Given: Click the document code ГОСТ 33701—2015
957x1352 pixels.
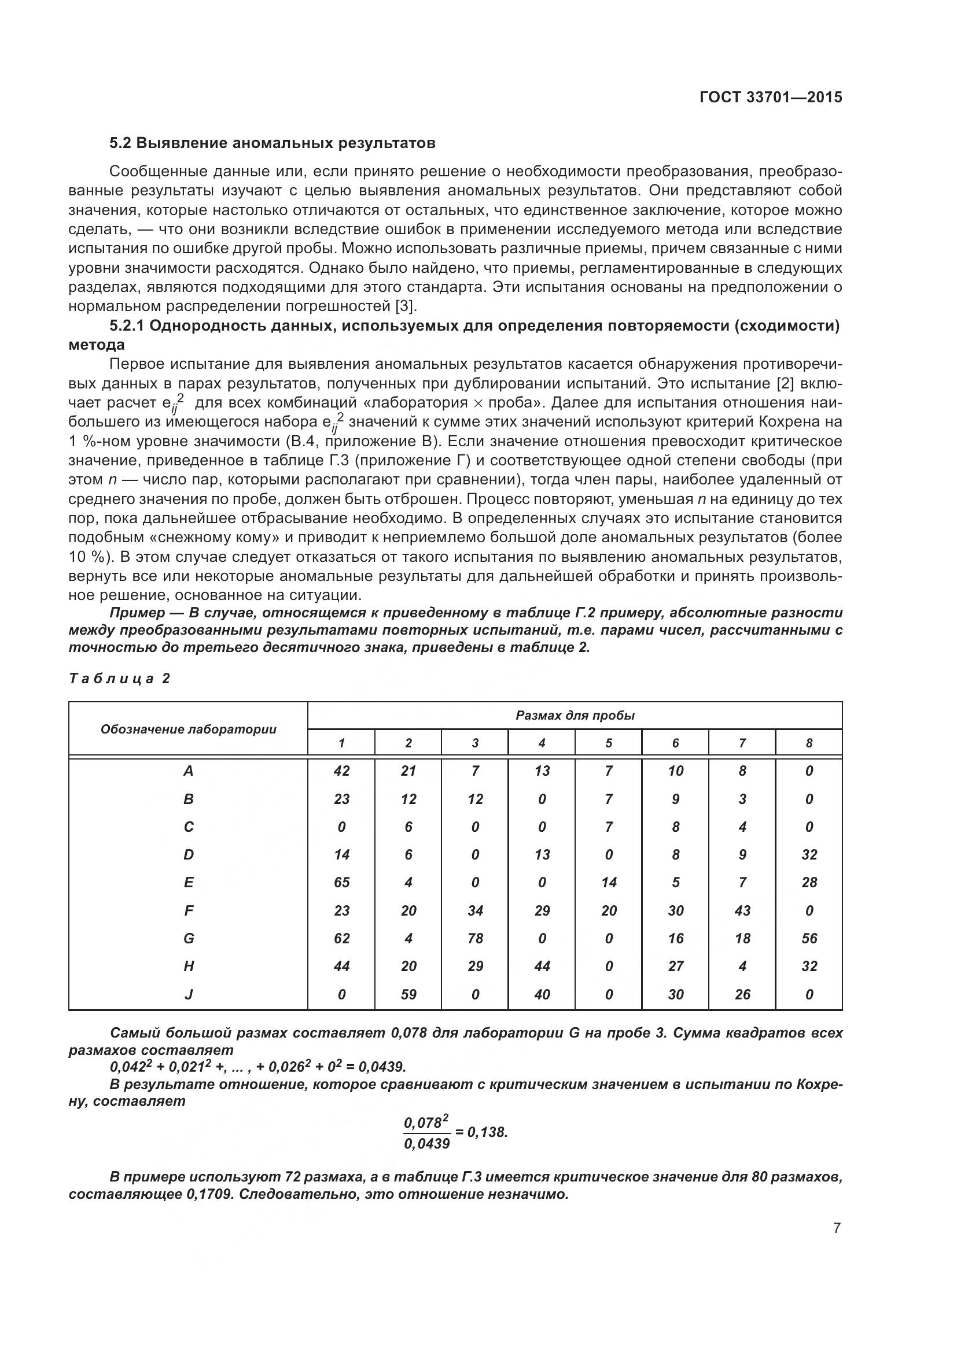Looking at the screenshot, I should pyautogui.click(x=771, y=97).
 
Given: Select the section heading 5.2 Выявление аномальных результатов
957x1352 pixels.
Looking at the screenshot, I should pyautogui.click(x=273, y=143).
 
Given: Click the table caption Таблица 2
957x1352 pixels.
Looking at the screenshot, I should pyautogui.click(x=120, y=679).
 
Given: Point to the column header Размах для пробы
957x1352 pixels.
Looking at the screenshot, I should pyautogui.click(x=575, y=716).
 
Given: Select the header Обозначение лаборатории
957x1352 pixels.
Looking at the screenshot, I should pyautogui.click(x=189, y=729).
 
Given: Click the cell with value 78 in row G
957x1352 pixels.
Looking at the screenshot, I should pyautogui.click(x=475, y=939).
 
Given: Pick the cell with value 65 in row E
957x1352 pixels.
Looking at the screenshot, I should pyautogui.click(x=341, y=883).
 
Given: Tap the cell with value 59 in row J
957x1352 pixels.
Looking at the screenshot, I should pyautogui.click(x=408, y=995).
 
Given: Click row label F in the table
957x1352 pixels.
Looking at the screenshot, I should pyautogui.click(x=189, y=911).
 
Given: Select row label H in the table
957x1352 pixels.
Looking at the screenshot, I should pyautogui.click(x=189, y=966).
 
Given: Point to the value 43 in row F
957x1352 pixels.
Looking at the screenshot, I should pyautogui.click(x=742, y=911).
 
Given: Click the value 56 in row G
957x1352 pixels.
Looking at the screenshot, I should pyautogui.click(x=809, y=939).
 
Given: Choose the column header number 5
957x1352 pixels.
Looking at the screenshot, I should pyautogui.click(x=609, y=743).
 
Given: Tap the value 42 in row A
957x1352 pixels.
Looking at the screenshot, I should pyautogui.click(x=341, y=771).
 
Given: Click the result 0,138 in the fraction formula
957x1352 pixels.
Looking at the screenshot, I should pyautogui.click(x=487, y=1132).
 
